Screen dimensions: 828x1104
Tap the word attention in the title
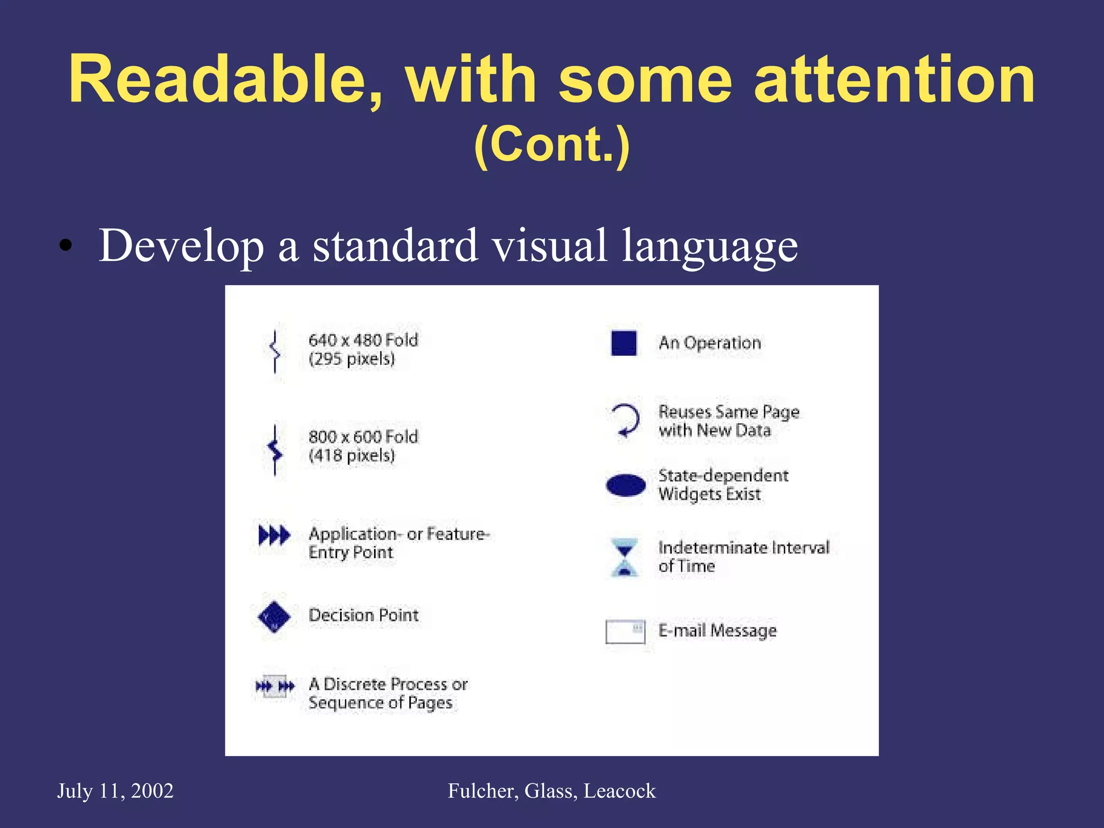coord(894,80)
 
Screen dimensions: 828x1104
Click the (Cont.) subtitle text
coord(552,144)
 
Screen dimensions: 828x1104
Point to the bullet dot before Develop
coord(65,246)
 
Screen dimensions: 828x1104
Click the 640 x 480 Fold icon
coord(275,351)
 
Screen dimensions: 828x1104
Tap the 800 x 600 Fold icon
coord(275,450)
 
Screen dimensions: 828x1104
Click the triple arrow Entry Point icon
coord(274,535)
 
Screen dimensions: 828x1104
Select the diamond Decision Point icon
coord(274,617)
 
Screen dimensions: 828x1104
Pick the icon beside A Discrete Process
coord(274,686)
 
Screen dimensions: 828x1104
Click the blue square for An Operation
coord(624,343)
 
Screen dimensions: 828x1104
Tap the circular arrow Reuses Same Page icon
coord(625,420)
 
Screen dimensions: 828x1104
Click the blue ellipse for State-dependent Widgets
coord(625,485)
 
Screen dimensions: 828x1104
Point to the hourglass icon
coord(624,557)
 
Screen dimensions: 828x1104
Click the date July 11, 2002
coord(115,791)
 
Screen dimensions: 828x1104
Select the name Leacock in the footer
coord(619,791)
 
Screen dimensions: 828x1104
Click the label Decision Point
coord(363,615)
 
